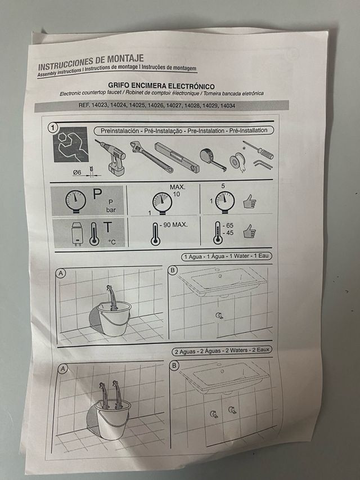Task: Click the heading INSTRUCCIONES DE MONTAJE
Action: click(91, 59)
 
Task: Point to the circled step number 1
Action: click(53, 128)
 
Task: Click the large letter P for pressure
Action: click(97, 196)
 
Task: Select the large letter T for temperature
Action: click(107, 228)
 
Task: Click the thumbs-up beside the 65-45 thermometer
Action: click(249, 231)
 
